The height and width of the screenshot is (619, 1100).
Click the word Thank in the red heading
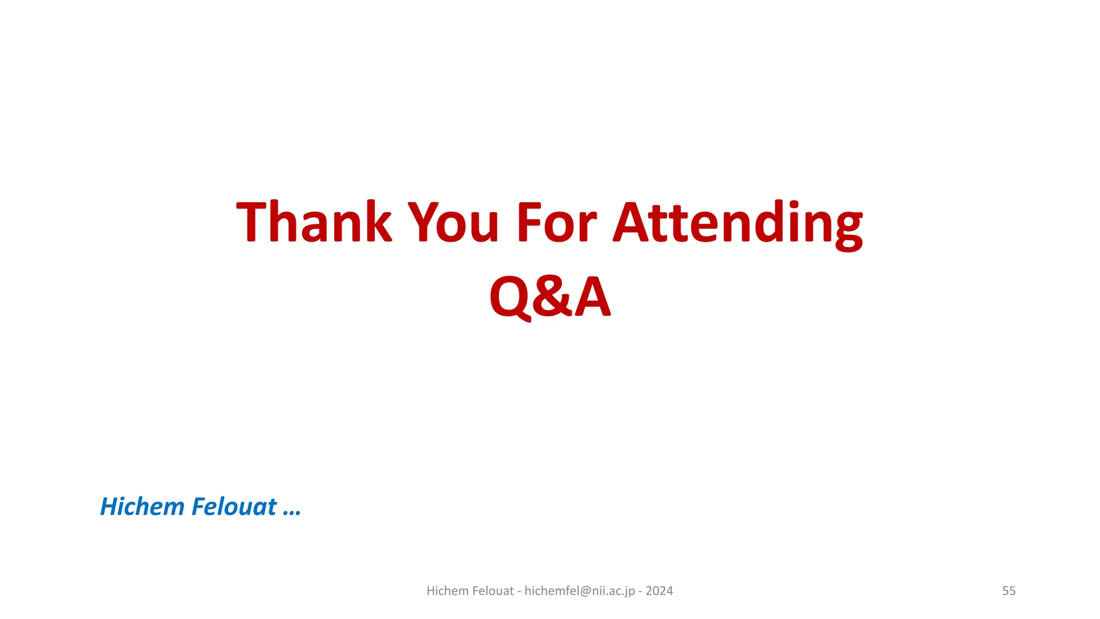[x=314, y=222]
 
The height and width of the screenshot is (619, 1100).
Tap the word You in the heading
[x=454, y=222]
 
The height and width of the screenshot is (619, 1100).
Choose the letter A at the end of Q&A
[x=592, y=297]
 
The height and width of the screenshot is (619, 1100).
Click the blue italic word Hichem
[x=142, y=507]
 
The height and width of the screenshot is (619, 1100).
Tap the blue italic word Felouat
[x=234, y=507]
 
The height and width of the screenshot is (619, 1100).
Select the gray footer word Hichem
[x=447, y=591]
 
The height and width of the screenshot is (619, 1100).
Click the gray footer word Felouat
[x=493, y=591]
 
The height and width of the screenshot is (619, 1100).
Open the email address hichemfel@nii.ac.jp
[x=580, y=591]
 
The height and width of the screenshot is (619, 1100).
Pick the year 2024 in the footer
[x=659, y=591]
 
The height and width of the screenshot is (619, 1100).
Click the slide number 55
[x=1009, y=591]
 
